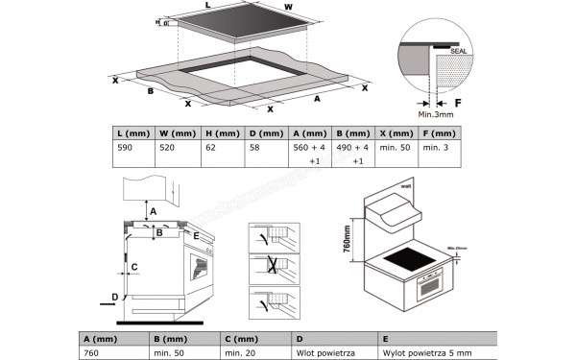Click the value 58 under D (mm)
pyautogui.click(x=254, y=149)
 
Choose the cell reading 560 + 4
pyautogui.click(x=308, y=149)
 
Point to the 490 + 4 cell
pyautogui.click(x=352, y=149)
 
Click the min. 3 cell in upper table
pyautogui.click(x=437, y=149)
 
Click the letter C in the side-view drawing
pyautogui.click(x=134, y=266)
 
